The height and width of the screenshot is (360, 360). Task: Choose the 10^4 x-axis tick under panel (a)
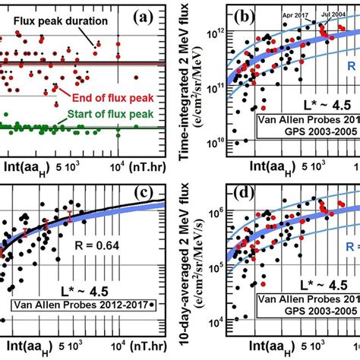point(118,166)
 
